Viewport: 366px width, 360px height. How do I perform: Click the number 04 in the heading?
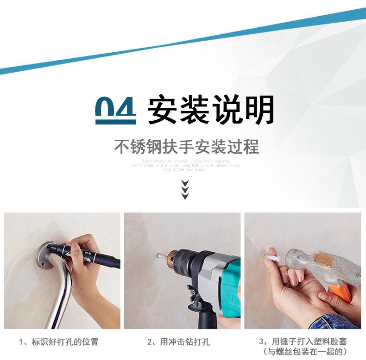(115, 107)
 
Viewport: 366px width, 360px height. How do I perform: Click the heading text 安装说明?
(211, 110)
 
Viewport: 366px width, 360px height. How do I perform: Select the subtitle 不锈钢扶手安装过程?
(186, 147)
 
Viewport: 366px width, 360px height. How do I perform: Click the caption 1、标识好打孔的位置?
(59, 342)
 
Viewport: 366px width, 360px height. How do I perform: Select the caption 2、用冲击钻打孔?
(178, 342)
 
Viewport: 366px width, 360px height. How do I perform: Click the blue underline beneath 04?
(115, 122)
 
